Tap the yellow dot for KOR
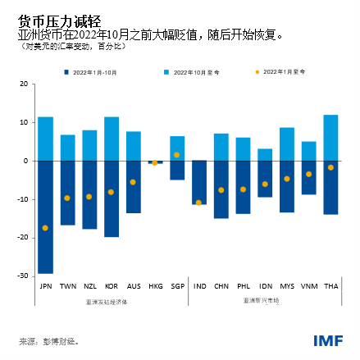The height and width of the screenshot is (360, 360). click(x=112, y=192)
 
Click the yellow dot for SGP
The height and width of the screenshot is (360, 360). click(x=177, y=155)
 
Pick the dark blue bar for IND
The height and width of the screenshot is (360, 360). click(x=198, y=182)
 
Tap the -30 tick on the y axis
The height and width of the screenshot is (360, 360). click(x=24, y=276)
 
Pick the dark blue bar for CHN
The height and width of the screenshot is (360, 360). click(x=221, y=189)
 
